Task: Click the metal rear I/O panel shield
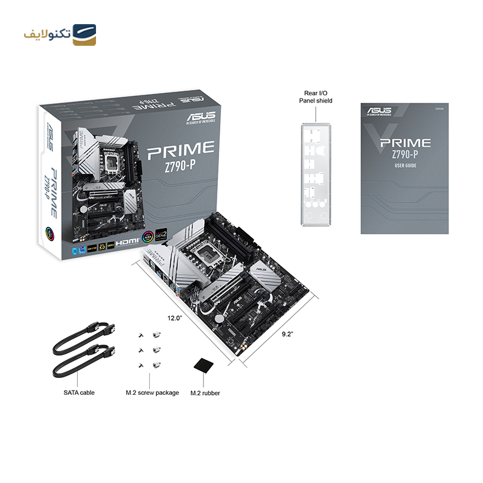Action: [x=316, y=176]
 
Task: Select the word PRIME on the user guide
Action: [x=405, y=143]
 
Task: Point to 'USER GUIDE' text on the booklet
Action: [x=405, y=165]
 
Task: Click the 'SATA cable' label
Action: [x=79, y=392]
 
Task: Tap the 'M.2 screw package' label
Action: [x=152, y=392]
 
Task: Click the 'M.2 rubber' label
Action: [x=205, y=393]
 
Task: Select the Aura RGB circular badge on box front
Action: [x=147, y=237]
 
